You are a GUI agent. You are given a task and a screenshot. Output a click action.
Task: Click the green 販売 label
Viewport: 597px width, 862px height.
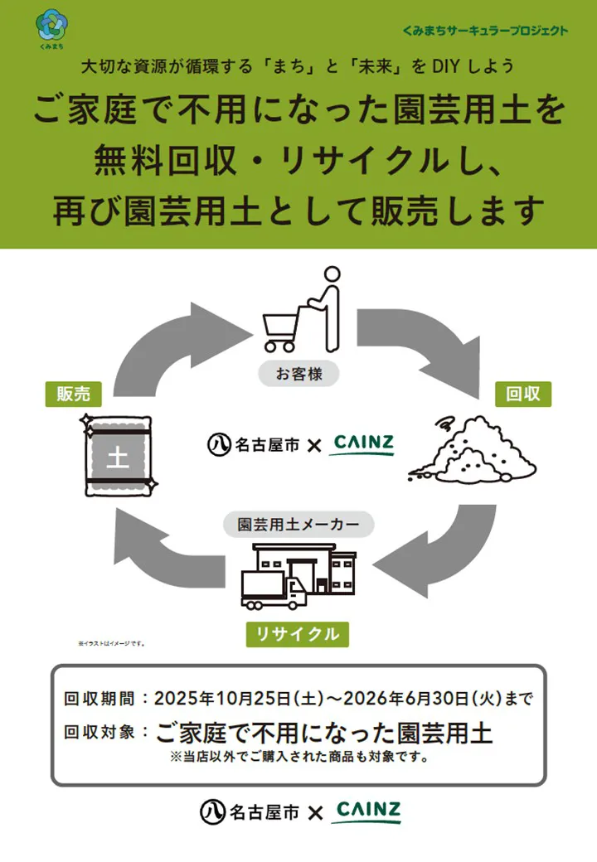point(73,395)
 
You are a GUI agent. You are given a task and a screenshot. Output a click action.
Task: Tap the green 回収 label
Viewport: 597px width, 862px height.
point(522,393)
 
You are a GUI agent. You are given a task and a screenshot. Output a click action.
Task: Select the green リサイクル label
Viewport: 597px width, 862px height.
point(297,634)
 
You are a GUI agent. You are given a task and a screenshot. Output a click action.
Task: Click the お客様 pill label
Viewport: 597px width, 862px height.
point(297,373)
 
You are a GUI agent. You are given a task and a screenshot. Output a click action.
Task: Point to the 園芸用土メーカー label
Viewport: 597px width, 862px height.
point(298,525)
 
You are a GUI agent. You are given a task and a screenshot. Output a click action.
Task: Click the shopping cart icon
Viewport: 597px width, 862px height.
point(282,328)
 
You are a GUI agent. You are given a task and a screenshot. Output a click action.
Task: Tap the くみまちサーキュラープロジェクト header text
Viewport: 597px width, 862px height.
point(485,31)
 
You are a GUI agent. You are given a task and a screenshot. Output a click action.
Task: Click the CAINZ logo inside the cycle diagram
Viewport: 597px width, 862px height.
point(363,444)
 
